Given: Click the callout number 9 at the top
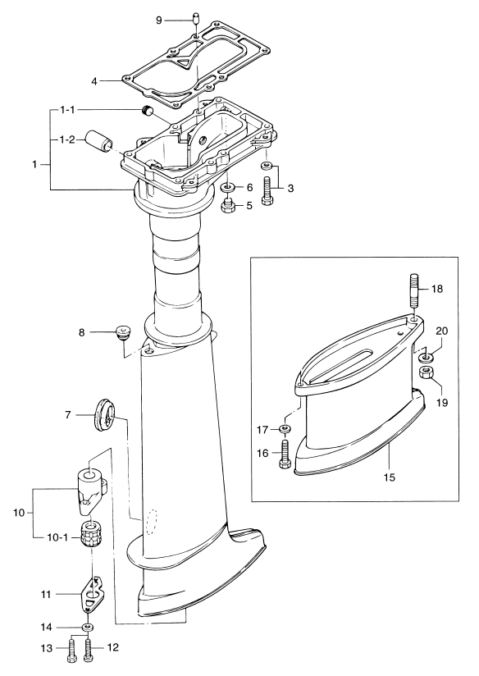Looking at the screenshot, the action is tap(158, 21).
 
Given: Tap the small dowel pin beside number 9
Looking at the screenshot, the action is tap(195, 19).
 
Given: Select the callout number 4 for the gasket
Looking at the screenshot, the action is tap(94, 80).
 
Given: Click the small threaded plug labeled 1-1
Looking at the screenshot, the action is tap(148, 112).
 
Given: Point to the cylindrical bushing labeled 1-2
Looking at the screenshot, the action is tap(98, 140).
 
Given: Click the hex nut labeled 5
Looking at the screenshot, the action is tap(227, 206).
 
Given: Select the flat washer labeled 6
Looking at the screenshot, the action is tap(227, 188).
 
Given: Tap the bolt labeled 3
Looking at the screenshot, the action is tap(267, 191).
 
